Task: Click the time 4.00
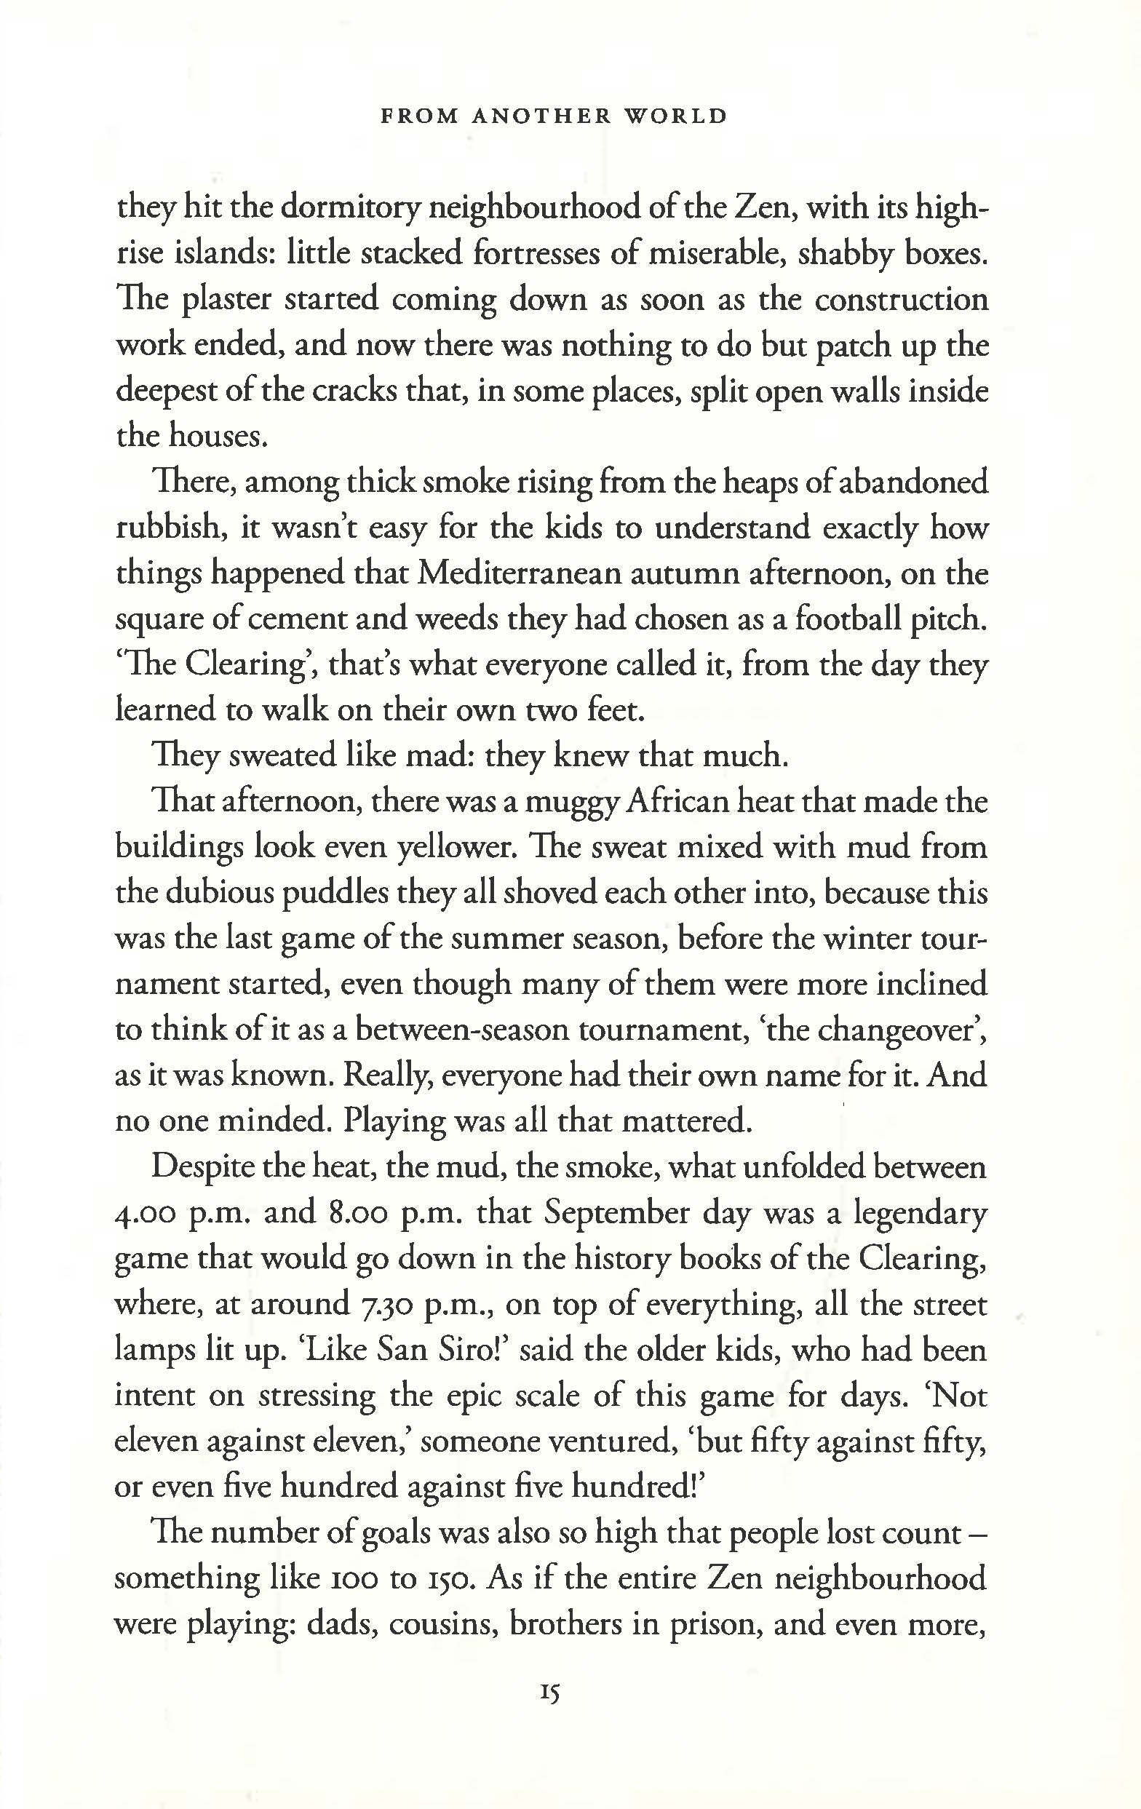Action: pos(145,1214)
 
